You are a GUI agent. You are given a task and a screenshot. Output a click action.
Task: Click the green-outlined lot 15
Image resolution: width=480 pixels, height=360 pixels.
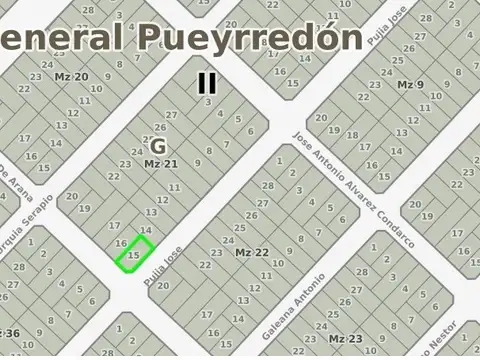pos(134,254)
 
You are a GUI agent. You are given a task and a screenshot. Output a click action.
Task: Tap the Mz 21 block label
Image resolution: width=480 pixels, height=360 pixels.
pos(160,164)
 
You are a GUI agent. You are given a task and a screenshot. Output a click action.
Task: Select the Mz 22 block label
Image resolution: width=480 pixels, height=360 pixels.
pos(252,253)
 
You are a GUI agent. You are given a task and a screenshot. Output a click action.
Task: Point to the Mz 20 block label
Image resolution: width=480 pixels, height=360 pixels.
pos(71,77)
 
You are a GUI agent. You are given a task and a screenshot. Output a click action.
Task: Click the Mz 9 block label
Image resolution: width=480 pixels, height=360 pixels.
pos(411,85)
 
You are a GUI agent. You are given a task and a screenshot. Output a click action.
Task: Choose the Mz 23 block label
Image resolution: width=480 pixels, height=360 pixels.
pos(345,339)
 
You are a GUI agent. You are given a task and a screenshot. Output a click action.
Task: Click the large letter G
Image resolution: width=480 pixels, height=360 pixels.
pos(158,146)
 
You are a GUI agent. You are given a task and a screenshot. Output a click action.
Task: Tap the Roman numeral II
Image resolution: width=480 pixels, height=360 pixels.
pos(207,83)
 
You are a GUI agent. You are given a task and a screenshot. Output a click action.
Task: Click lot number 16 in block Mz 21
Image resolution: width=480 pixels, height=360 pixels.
pos(121,243)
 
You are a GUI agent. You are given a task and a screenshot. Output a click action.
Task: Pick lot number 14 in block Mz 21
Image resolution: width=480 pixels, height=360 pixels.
pos(146,230)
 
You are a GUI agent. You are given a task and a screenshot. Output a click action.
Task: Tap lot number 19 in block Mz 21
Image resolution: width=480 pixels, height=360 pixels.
pos(85,209)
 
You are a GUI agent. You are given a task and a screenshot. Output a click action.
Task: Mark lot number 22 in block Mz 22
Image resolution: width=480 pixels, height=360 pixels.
pos(205,265)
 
